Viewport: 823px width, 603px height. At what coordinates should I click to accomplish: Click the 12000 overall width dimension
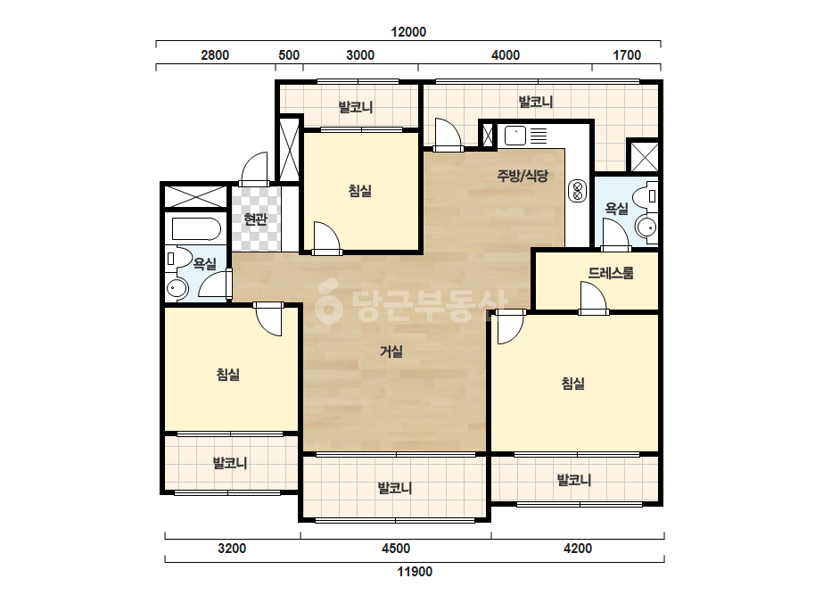pyautogui.click(x=408, y=32)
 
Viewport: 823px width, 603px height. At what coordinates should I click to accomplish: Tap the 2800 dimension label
pyautogui.click(x=215, y=55)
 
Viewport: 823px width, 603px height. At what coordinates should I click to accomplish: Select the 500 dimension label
pyautogui.click(x=289, y=55)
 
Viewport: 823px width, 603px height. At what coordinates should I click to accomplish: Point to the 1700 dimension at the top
pyautogui.click(x=627, y=55)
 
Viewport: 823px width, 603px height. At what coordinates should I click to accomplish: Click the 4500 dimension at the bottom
pyautogui.click(x=396, y=549)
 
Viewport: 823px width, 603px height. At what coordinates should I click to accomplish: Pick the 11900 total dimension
pyautogui.click(x=415, y=572)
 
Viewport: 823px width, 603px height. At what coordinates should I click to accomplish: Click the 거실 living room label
pyautogui.click(x=391, y=351)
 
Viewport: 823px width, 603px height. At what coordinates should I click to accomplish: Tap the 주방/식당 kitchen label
pyautogui.click(x=523, y=176)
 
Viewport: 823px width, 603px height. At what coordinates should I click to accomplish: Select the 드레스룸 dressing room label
pyautogui.click(x=611, y=273)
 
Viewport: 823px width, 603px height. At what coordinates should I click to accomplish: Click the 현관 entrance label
pyautogui.click(x=256, y=219)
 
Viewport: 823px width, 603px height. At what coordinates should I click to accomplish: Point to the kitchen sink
pyautogui.click(x=514, y=136)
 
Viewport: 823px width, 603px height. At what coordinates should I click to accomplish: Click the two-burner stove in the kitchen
pyautogui.click(x=578, y=191)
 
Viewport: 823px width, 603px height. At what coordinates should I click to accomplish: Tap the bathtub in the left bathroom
pyautogui.click(x=195, y=229)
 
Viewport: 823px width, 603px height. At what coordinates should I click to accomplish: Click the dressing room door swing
pyautogui.click(x=593, y=298)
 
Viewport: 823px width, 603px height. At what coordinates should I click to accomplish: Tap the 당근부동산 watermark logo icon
pyautogui.click(x=328, y=301)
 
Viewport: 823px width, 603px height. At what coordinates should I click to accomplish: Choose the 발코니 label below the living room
pyautogui.click(x=395, y=488)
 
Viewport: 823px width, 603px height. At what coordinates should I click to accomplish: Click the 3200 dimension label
pyautogui.click(x=232, y=549)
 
